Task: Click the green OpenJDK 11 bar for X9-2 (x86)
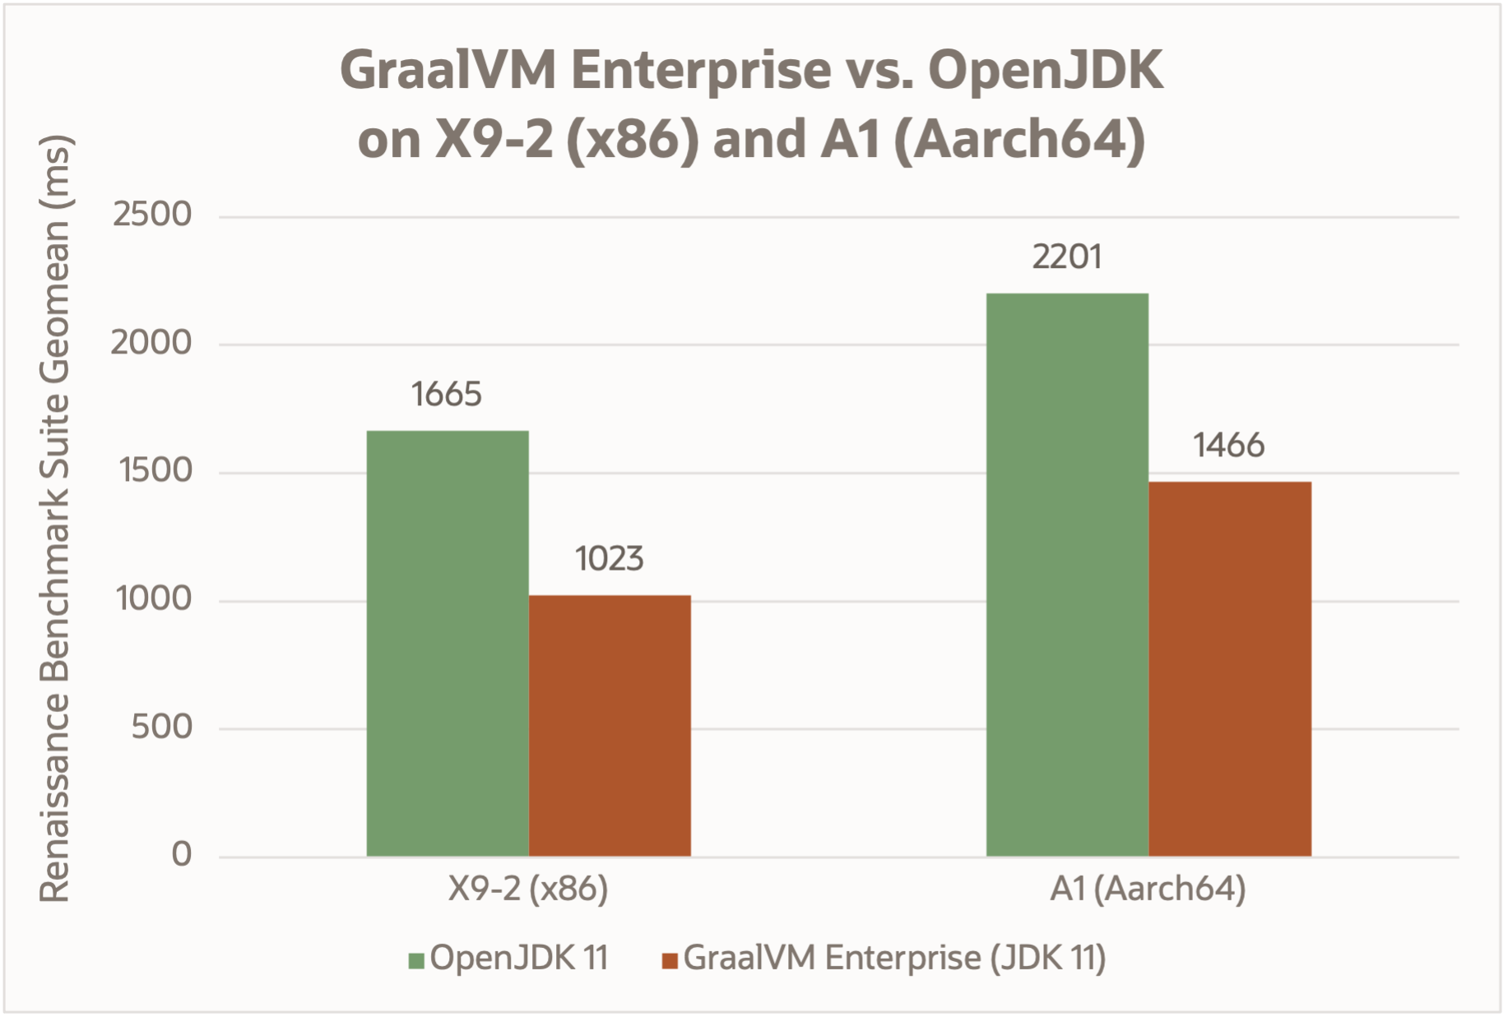(448, 643)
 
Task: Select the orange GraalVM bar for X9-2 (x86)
(610, 725)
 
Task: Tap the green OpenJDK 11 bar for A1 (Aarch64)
(1067, 575)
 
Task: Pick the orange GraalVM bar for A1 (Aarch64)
(1229, 668)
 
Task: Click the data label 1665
(447, 395)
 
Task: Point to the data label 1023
(609, 559)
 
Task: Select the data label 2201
(1067, 257)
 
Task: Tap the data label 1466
(1228, 446)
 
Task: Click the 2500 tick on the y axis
(152, 215)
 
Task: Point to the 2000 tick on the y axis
(151, 343)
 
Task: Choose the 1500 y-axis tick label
(155, 471)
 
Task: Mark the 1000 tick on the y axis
(154, 599)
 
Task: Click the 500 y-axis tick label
(162, 727)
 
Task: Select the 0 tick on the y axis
(182, 855)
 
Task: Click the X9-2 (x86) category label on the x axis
(528, 889)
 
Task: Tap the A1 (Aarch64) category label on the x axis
(1148, 889)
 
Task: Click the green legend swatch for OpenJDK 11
(416, 960)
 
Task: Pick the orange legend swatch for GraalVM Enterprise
(670, 960)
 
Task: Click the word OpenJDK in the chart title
(1046, 71)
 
